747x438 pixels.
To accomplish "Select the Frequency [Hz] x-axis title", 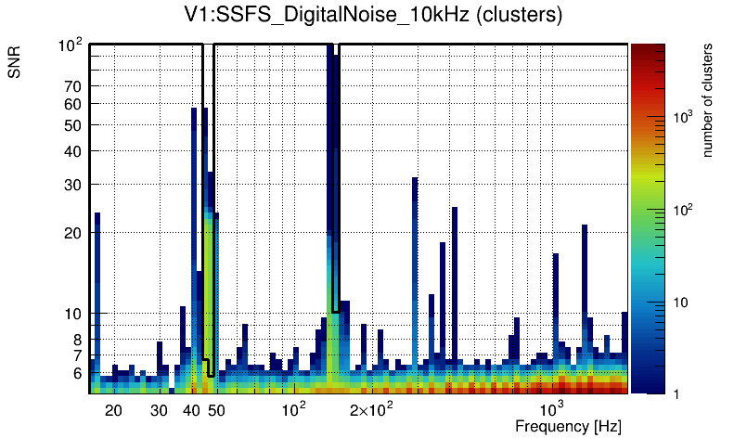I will pyautogui.click(x=568, y=426).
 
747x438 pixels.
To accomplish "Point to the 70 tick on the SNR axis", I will pyautogui.click(x=73, y=87).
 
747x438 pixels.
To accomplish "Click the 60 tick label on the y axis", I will pyautogui.click(x=73, y=104).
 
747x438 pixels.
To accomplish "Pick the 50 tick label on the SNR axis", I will pyautogui.click(x=73, y=125).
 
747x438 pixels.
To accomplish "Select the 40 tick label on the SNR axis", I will pyautogui.click(x=73, y=151).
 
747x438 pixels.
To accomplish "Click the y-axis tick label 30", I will pyautogui.click(x=73, y=185).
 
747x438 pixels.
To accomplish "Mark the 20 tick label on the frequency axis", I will pyautogui.click(x=113, y=410).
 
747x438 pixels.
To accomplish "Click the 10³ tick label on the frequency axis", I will pyautogui.click(x=552, y=410).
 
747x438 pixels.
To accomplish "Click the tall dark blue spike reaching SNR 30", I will pyautogui.click(x=415, y=241).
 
